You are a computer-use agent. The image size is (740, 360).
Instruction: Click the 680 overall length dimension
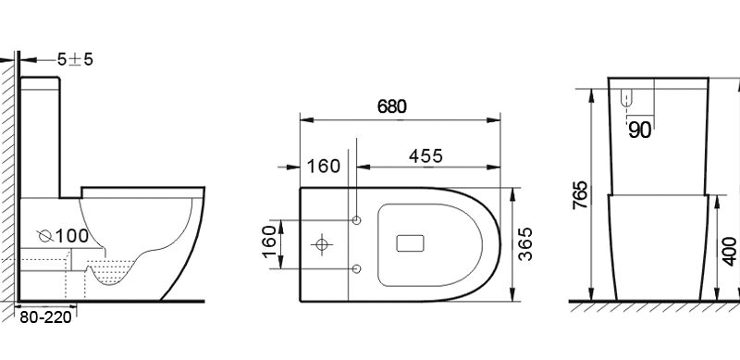[391, 106]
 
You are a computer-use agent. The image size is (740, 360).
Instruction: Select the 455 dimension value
[425, 156]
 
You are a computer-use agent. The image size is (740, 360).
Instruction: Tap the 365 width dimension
[525, 243]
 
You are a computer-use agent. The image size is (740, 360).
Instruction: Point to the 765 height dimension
[581, 194]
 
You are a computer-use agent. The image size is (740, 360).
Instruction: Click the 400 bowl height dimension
[730, 252]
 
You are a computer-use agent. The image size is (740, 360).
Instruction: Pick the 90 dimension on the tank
[639, 130]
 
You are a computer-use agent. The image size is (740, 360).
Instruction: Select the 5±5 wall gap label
[75, 59]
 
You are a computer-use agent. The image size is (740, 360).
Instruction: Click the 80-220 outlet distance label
[45, 317]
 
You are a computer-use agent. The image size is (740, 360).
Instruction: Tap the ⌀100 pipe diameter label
[63, 236]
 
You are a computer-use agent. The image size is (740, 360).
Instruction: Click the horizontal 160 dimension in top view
[323, 167]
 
